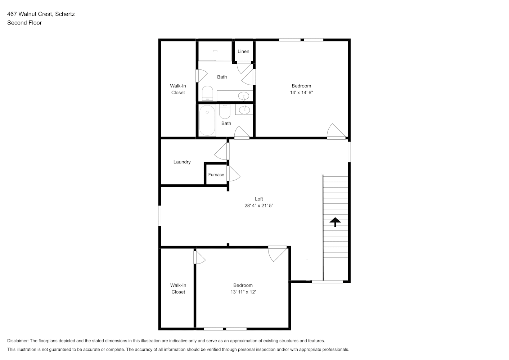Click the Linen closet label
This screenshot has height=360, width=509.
tap(243, 51)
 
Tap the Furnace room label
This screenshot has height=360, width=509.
tap(216, 175)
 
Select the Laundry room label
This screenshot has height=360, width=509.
tap(182, 162)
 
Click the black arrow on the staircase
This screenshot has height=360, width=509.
tap(335, 222)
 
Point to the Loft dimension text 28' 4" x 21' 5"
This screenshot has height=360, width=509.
tap(259, 206)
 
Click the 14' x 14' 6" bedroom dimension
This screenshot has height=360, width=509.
tap(302, 93)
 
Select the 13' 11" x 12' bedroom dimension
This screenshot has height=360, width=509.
tap(243, 292)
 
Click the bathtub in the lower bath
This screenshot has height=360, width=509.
tap(207, 121)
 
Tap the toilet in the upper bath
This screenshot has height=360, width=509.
tap(207, 93)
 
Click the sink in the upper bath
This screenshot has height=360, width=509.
tap(244, 96)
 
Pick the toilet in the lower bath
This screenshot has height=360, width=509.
tap(225, 112)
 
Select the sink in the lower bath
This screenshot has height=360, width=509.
tap(244, 110)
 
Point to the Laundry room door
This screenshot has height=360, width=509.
tap(221, 151)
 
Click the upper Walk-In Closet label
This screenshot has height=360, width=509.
tap(178, 89)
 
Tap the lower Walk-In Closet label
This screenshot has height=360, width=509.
tap(179, 289)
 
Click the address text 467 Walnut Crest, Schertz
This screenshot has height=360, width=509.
tap(41, 14)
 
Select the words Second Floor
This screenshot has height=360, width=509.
tap(24, 23)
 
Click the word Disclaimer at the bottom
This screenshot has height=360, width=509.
tap(18, 341)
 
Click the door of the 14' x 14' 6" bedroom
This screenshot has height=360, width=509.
tap(336, 131)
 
